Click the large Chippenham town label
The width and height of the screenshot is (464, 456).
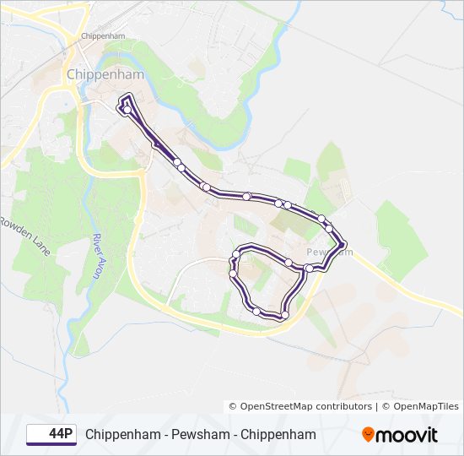(105, 74)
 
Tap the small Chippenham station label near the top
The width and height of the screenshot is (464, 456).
(104, 36)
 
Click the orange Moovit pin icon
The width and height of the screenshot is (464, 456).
(368, 435)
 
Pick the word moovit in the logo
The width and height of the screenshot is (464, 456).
(407, 435)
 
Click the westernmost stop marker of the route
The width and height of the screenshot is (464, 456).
(127, 109)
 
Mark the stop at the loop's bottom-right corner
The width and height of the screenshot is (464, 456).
(284, 315)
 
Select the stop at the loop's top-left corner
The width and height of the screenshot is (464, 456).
(236, 255)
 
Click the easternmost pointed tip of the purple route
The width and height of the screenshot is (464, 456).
(346, 246)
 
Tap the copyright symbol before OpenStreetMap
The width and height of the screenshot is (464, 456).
(234, 406)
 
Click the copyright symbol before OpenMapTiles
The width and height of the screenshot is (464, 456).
(387, 406)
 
